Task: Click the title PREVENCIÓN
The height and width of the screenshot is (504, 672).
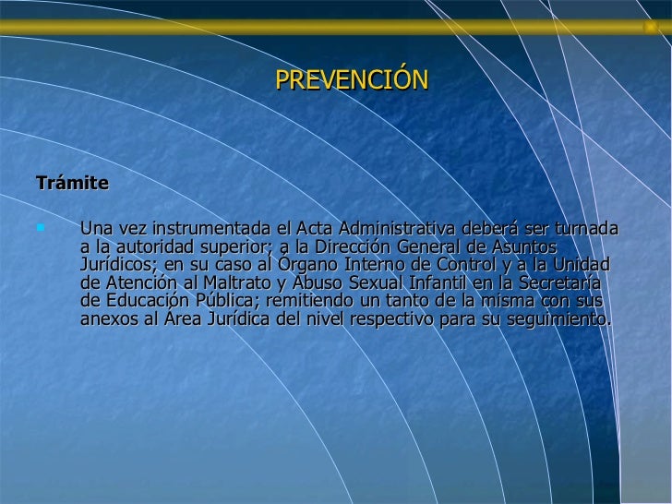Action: [352, 81]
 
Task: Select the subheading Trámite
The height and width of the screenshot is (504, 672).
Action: [72, 183]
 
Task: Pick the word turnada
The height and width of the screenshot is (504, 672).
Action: [584, 229]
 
